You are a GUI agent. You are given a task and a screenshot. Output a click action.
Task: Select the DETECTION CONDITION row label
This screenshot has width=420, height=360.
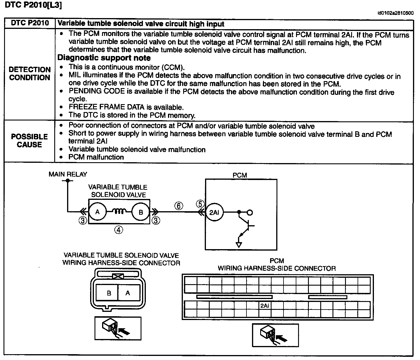tap(30, 74)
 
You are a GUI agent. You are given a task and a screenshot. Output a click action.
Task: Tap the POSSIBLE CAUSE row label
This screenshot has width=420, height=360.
tap(29, 141)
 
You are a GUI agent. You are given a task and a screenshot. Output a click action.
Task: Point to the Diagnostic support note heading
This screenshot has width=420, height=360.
tap(104, 58)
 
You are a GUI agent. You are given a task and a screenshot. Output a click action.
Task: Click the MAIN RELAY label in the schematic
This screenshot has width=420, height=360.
tap(68, 174)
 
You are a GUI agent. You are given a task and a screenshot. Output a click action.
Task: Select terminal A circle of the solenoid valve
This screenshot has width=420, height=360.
tap(97, 212)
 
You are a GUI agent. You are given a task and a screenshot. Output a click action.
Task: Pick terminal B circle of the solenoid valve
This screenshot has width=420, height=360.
tap(141, 212)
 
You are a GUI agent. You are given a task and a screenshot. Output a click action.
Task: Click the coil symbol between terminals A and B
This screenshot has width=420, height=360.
tap(119, 212)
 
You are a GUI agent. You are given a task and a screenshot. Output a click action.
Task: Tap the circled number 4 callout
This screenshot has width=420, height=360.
tap(118, 230)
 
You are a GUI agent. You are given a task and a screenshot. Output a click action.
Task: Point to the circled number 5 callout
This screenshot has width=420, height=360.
tap(200, 204)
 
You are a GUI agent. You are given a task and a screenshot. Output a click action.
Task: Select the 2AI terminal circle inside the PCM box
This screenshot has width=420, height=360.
tap(214, 212)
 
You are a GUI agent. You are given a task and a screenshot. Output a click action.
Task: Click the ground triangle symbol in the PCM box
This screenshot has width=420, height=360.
tap(239, 244)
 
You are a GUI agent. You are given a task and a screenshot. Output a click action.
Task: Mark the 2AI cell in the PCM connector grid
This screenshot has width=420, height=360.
tap(265, 305)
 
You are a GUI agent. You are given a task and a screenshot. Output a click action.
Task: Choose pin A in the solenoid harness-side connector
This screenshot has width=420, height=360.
tap(128, 293)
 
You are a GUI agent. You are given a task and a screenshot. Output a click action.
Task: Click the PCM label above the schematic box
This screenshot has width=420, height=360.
tap(240, 175)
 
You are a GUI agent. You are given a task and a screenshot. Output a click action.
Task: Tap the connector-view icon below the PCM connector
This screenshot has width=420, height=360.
tap(275, 335)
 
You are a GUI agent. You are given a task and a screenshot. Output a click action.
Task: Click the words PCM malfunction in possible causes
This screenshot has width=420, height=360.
tap(96, 157)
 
